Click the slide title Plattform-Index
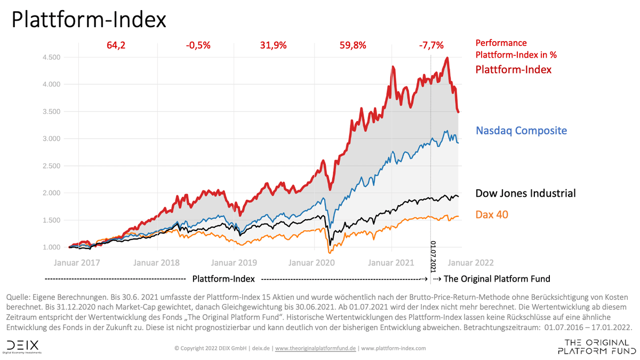(89, 20)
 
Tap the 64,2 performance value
(116, 45)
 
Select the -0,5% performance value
(198, 45)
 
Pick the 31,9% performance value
(273, 45)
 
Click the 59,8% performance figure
(353, 45)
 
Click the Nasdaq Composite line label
(521, 131)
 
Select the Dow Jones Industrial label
(525, 193)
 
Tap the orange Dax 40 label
(491, 215)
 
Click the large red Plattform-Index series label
(513, 69)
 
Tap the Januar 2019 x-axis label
(235, 262)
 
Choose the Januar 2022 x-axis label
(470, 262)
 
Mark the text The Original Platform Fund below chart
(497, 278)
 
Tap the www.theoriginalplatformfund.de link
(316, 348)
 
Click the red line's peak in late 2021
(447, 58)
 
